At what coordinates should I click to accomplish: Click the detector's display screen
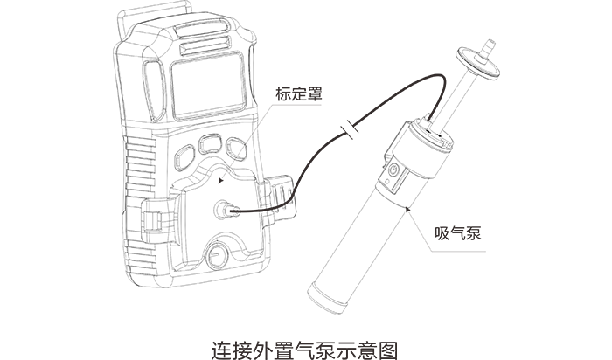[205, 85]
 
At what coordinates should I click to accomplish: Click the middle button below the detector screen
[210, 142]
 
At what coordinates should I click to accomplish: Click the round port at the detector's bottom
[215, 255]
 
